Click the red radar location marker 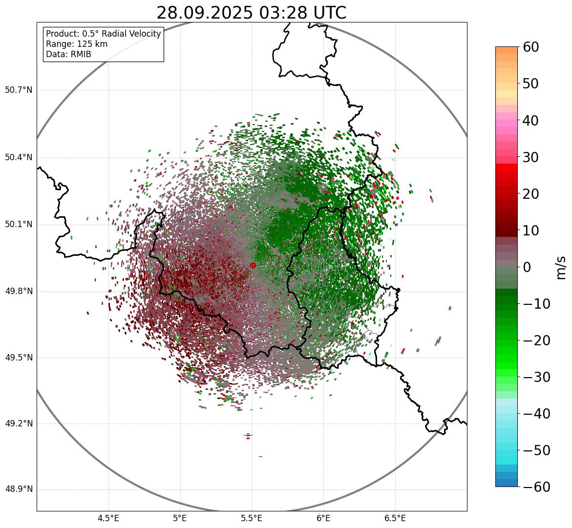pos(253,265)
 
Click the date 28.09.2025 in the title pos(205,13)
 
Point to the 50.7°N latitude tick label pos(19,90)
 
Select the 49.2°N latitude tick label pos(19,423)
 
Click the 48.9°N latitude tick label pos(19,489)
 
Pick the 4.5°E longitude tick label pos(108,518)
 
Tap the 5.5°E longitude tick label pos(252,518)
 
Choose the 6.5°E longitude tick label pos(395,518)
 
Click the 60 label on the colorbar pos(530,47)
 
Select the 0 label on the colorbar pos(527,267)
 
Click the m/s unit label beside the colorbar pos(562,267)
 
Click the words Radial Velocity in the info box pos(129,34)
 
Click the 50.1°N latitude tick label pos(19,225)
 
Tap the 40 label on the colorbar pos(530,120)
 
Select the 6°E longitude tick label pos(323,518)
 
